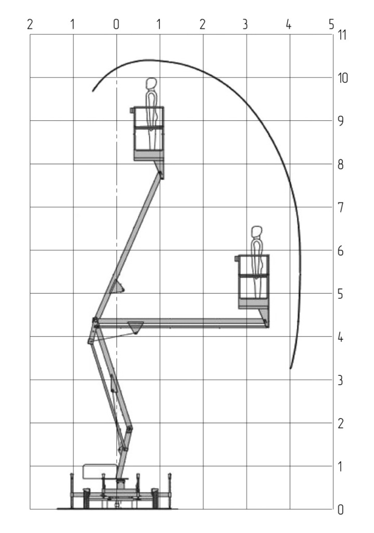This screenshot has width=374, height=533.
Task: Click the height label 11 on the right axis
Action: pos(342,35)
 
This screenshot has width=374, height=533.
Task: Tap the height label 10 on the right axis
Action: pos(343,78)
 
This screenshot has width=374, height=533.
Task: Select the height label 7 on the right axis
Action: pos(341,207)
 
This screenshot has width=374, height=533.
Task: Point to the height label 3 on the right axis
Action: pos(340,380)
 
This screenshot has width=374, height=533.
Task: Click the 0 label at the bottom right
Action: pos(340,510)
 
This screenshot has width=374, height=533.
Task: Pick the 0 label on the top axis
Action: pos(116,24)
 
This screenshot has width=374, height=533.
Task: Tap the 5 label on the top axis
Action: pos(331,24)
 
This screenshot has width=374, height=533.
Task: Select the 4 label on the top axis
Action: pos(288,24)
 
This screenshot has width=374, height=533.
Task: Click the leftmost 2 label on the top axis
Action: pos(30,24)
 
